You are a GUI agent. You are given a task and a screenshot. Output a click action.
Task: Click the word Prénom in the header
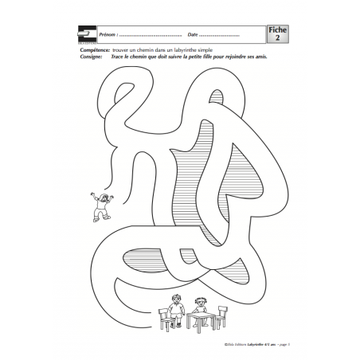coord(107,36)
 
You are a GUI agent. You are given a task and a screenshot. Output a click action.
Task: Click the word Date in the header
coord(194,36)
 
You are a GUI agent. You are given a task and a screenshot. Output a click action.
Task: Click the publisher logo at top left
coord(88,33)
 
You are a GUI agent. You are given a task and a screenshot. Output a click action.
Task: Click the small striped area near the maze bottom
coord(139,260)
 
